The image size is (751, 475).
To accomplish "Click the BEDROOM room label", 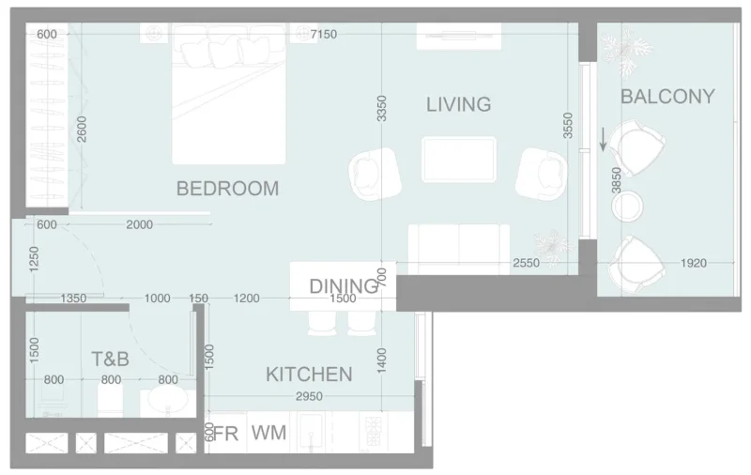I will pos(227,189).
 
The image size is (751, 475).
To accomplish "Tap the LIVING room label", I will pos(458,104).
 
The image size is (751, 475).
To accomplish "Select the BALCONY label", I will pos(667,97).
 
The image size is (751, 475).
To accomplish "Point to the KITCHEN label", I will pos(309,375).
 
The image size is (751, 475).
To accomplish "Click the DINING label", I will pos(344,286).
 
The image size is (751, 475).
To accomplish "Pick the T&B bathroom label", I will pos(110,360).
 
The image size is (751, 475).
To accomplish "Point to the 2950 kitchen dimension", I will pos(309,398).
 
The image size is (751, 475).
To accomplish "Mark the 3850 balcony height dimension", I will pos(617,180).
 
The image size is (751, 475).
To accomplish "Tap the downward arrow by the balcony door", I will pos(602,141).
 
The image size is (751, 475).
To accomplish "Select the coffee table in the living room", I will pos(459,159).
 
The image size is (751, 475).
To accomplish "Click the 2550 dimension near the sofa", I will pos(526,264).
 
